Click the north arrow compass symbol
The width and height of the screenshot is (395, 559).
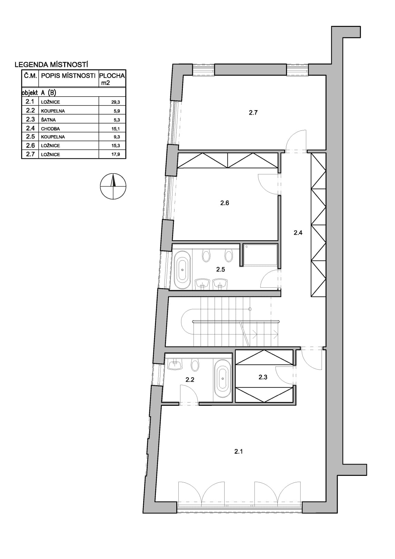click(x=113, y=186)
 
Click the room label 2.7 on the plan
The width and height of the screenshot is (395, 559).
click(x=253, y=112)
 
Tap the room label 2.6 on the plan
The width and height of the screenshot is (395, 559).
click(x=225, y=203)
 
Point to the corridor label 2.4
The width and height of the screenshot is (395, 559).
click(x=298, y=233)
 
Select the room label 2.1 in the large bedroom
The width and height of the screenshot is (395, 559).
click(x=238, y=451)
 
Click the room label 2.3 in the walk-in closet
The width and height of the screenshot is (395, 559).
click(x=263, y=377)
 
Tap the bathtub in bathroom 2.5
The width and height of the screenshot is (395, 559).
click(x=182, y=270)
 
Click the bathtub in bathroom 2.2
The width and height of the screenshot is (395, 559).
click(x=223, y=379)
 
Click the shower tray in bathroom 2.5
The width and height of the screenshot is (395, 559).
click(x=260, y=255)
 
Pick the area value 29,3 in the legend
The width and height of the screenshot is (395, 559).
click(x=116, y=102)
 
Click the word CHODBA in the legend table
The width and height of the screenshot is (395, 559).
click(x=50, y=129)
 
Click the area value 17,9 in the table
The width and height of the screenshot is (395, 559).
click(x=116, y=154)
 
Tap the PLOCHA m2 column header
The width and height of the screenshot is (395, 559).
click(x=112, y=79)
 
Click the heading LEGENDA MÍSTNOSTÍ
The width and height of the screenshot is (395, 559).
click(x=51, y=65)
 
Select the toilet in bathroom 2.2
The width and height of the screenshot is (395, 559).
click(x=195, y=365)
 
